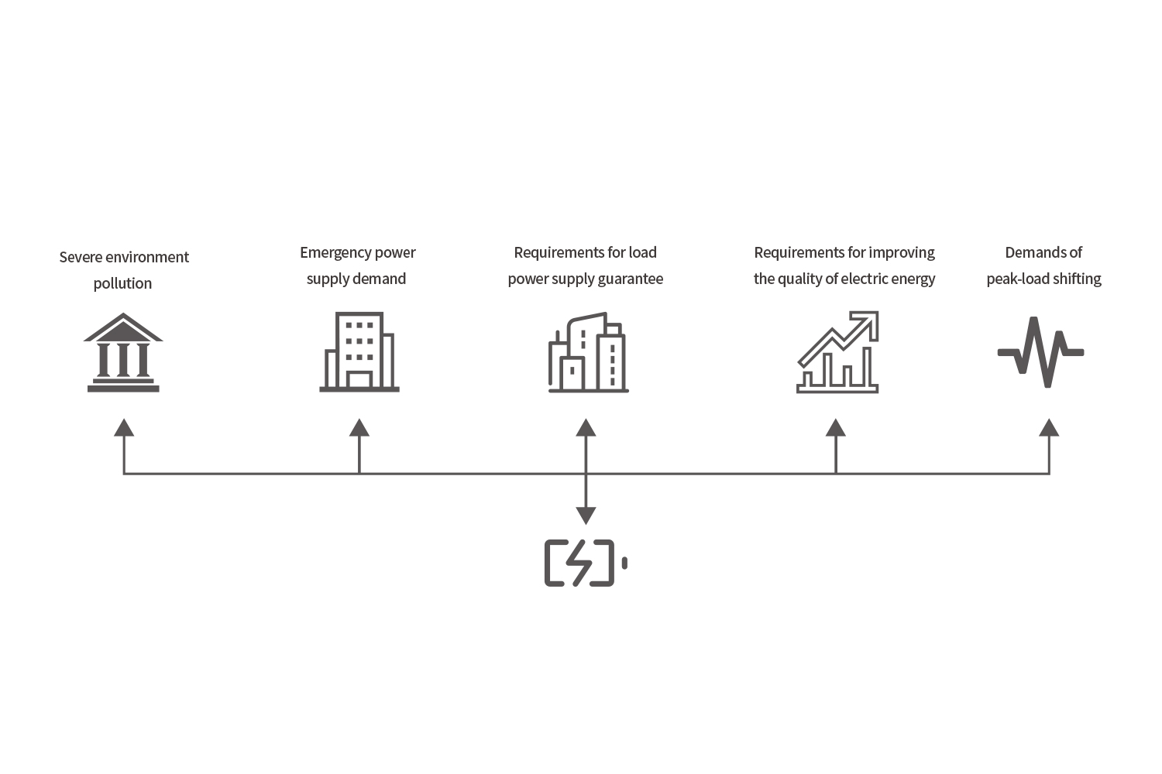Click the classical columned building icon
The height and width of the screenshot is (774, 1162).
pyautogui.click(x=123, y=352)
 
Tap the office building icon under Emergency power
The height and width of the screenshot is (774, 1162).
pyautogui.click(x=359, y=352)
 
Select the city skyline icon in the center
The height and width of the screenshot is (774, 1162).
pyautogui.click(x=588, y=353)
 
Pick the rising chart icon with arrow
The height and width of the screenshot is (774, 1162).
pyautogui.click(x=837, y=352)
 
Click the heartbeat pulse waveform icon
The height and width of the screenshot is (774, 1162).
pyautogui.click(x=1040, y=352)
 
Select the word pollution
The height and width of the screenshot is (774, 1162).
pyautogui.click(x=122, y=283)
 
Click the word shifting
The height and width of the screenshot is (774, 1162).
pyautogui.click(x=1077, y=279)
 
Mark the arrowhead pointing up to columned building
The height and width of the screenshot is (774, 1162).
pyautogui.click(x=124, y=427)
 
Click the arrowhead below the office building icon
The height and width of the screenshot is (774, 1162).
pyautogui.click(x=359, y=427)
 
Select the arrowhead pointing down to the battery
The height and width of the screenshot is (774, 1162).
pyautogui.click(x=586, y=515)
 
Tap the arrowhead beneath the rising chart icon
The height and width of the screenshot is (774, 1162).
pyautogui.click(x=836, y=427)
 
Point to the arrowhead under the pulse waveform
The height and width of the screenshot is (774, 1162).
pyautogui.click(x=1049, y=427)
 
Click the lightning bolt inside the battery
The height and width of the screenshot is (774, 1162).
pyautogui.click(x=579, y=563)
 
